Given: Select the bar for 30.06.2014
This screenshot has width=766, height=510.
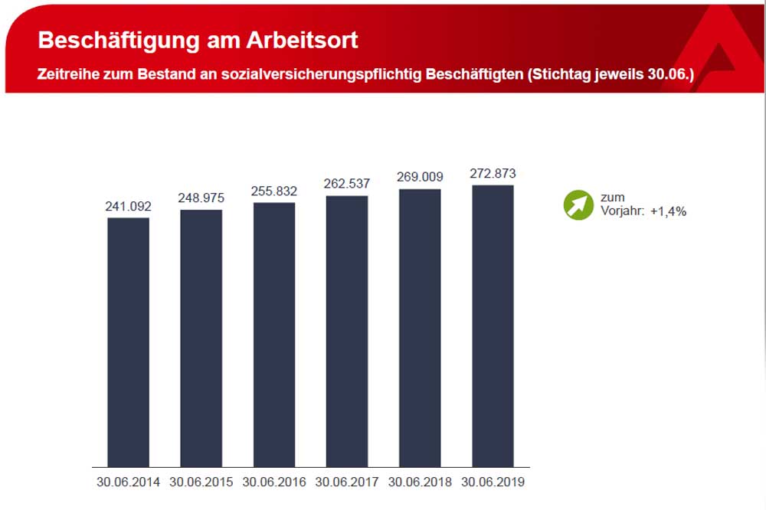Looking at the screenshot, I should (128, 342).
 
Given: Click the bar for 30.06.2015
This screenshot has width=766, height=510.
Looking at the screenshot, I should (201, 338).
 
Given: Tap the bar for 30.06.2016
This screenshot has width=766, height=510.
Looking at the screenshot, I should (274, 335).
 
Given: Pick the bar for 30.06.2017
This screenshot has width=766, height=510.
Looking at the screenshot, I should (346, 331).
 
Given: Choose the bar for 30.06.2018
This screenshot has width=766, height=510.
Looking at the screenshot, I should (420, 328).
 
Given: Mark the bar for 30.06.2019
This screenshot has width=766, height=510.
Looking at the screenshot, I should (493, 325).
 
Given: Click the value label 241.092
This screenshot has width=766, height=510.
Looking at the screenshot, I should (128, 206).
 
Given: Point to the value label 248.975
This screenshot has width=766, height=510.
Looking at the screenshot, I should (201, 198).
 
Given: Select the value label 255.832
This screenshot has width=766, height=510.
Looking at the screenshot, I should (274, 191).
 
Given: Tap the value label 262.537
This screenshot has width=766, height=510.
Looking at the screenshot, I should (346, 184).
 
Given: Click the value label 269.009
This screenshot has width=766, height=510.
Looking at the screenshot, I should (420, 177).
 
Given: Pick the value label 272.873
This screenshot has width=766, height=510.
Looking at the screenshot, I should (493, 173).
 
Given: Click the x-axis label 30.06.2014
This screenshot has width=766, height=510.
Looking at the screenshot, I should (128, 482).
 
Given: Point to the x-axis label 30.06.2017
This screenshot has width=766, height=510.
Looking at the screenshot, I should (346, 482).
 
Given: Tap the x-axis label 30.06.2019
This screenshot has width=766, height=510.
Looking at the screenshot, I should (493, 482).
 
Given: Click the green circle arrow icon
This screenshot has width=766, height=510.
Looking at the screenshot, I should (578, 205).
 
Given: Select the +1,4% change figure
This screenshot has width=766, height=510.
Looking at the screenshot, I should (668, 211).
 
